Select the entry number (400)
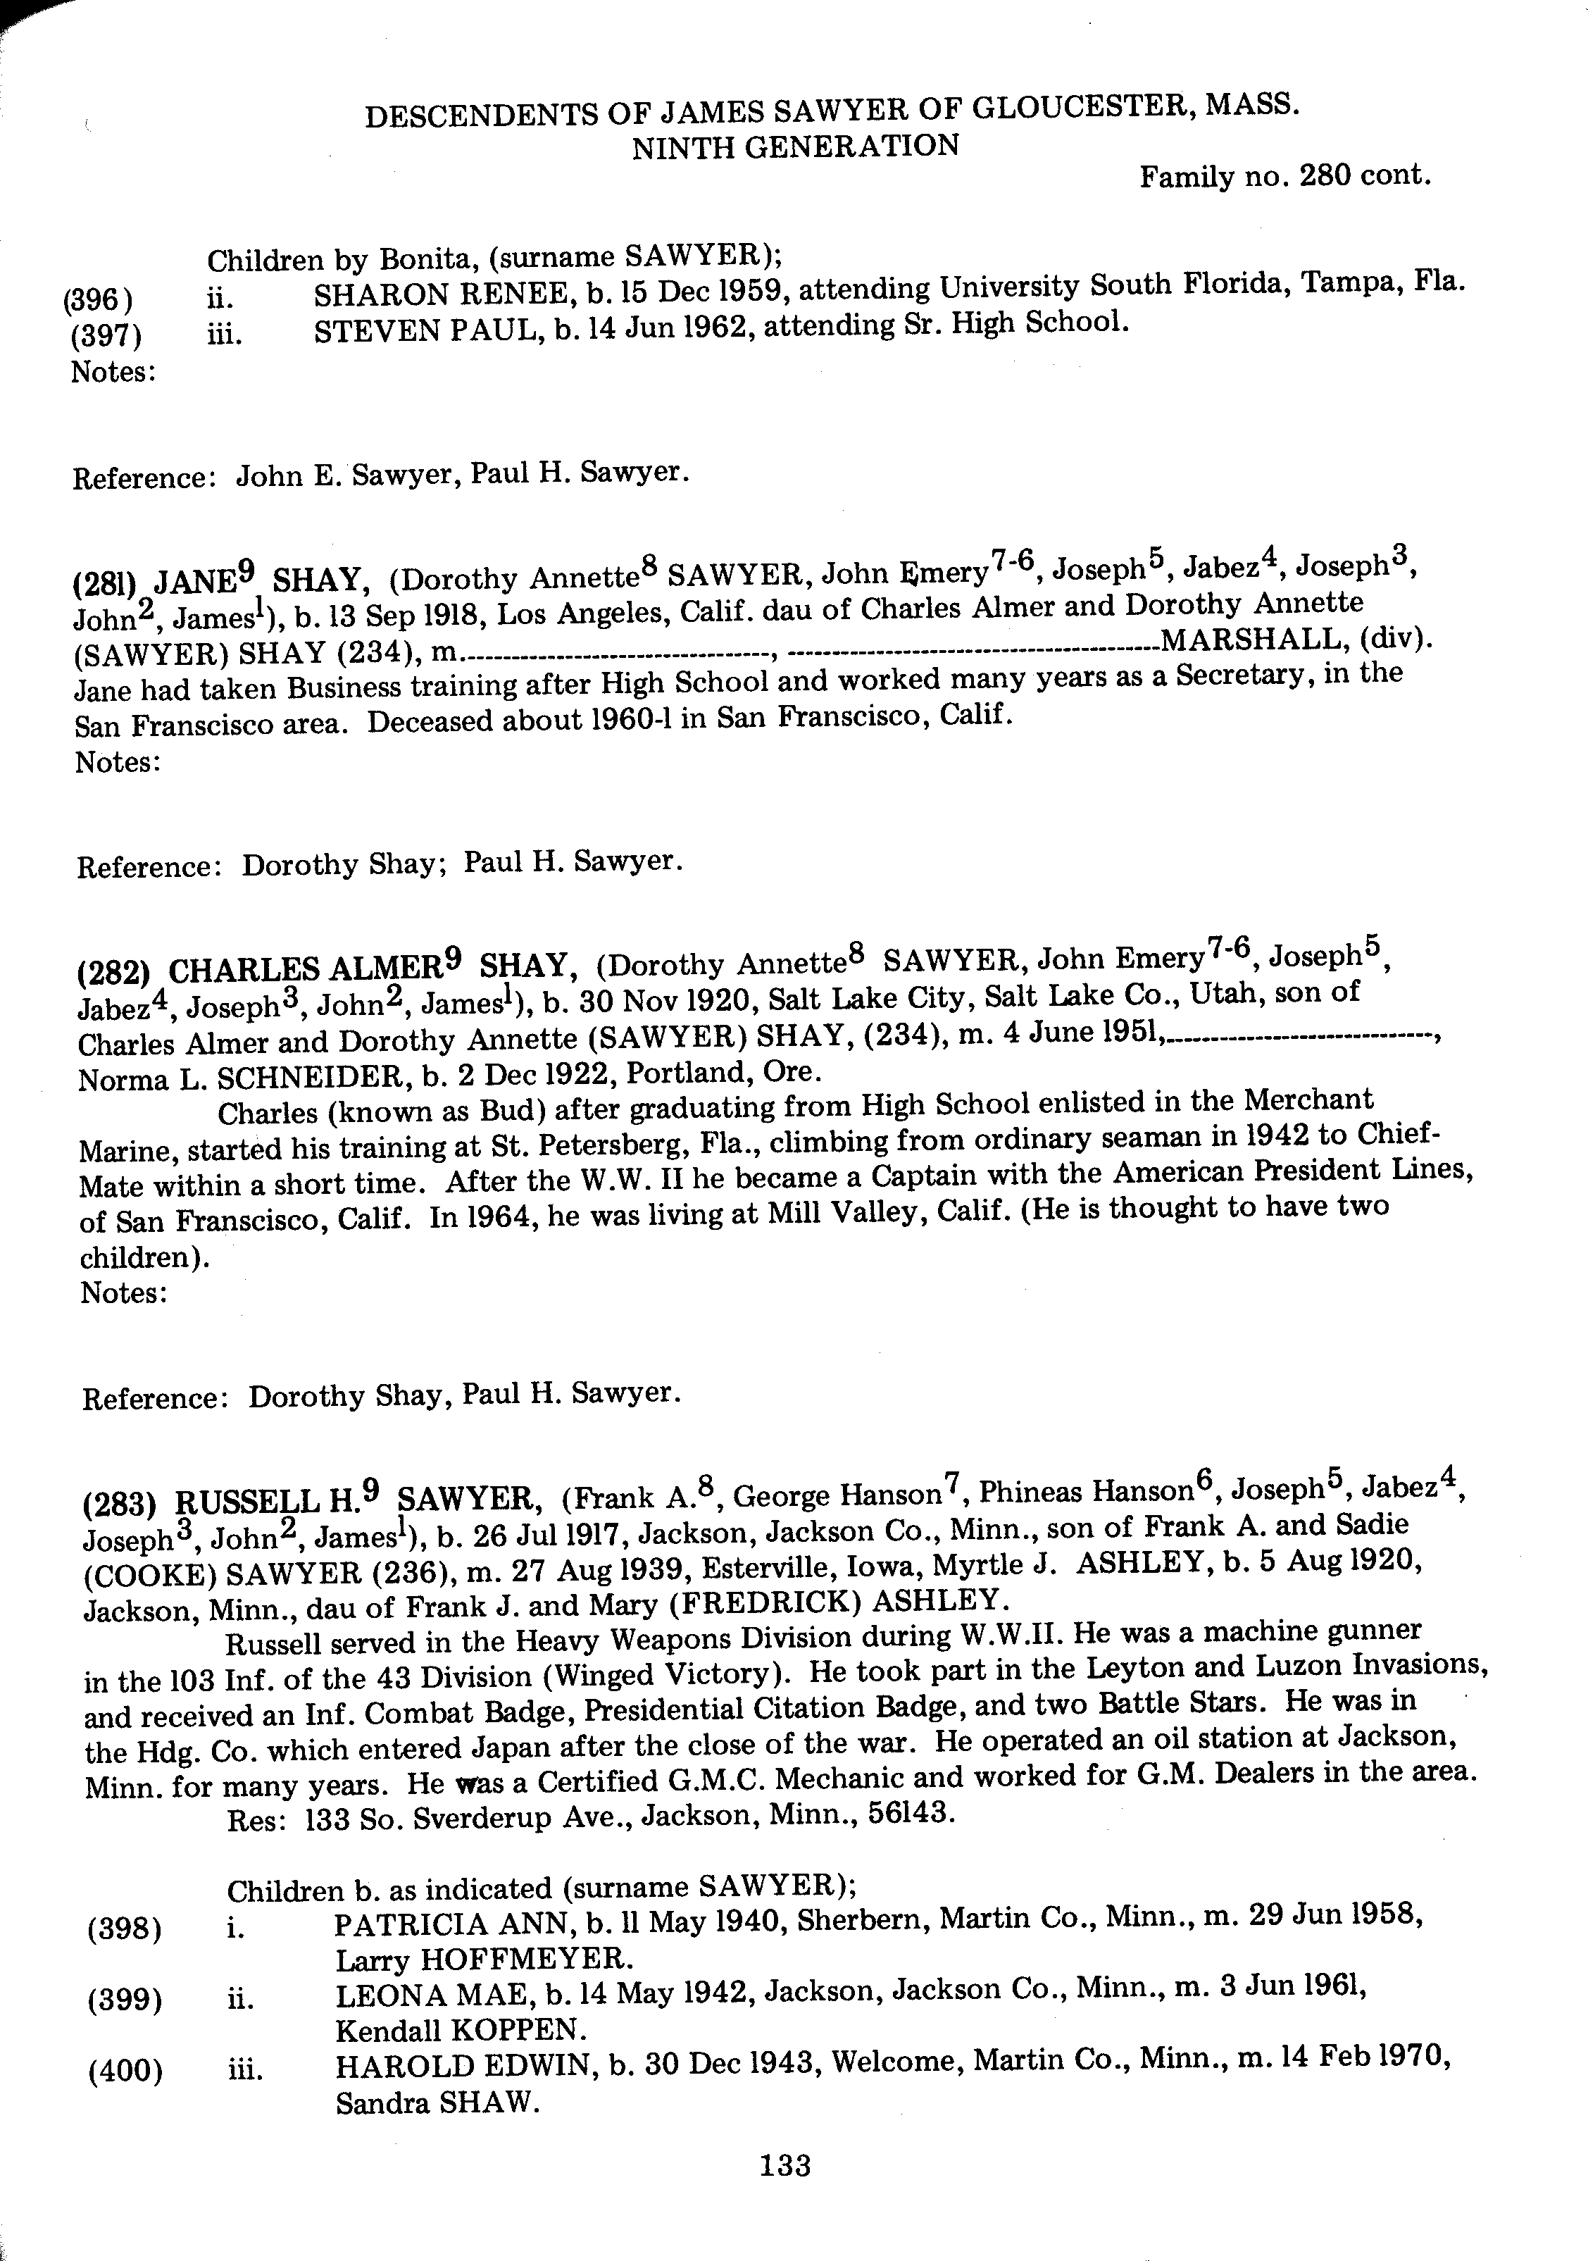click(x=125, y=2071)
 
